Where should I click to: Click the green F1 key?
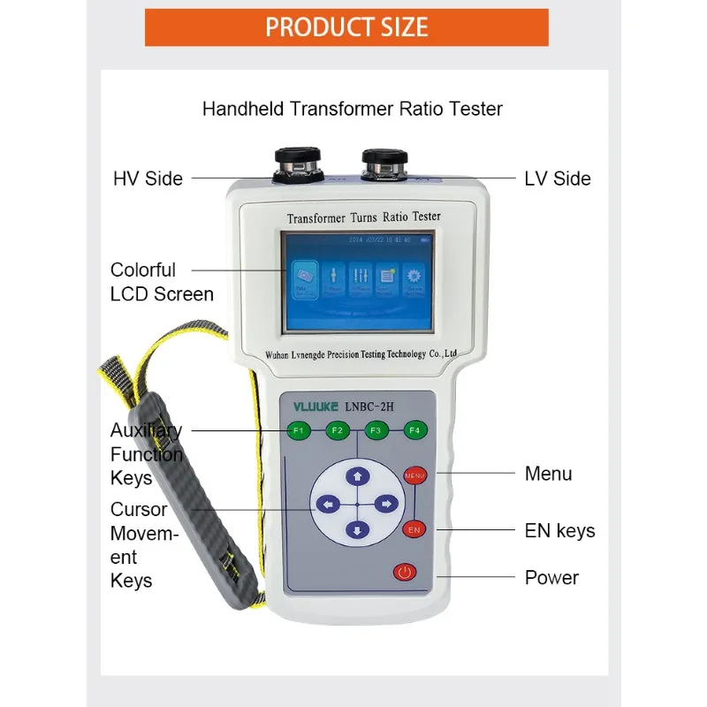[x=298, y=431]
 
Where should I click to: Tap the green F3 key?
[x=376, y=431]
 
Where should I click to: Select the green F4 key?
[x=414, y=431]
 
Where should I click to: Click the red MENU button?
[x=414, y=475]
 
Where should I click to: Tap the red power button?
[x=405, y=573]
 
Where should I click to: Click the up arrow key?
[x=357, y=477]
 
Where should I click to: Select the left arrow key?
[x=328, y=505]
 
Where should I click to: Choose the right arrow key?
[x=386, y=505]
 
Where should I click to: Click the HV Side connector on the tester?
[x=297, y=163]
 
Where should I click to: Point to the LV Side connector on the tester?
[x=383, y=163]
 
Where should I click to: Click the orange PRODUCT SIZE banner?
[x=346, y=27]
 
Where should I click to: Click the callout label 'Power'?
[x=551, y=578]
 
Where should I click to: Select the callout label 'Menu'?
[x=548, y=474]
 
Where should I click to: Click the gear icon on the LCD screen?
[x=413, y=276]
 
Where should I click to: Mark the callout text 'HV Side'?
[x=148, y=179]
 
